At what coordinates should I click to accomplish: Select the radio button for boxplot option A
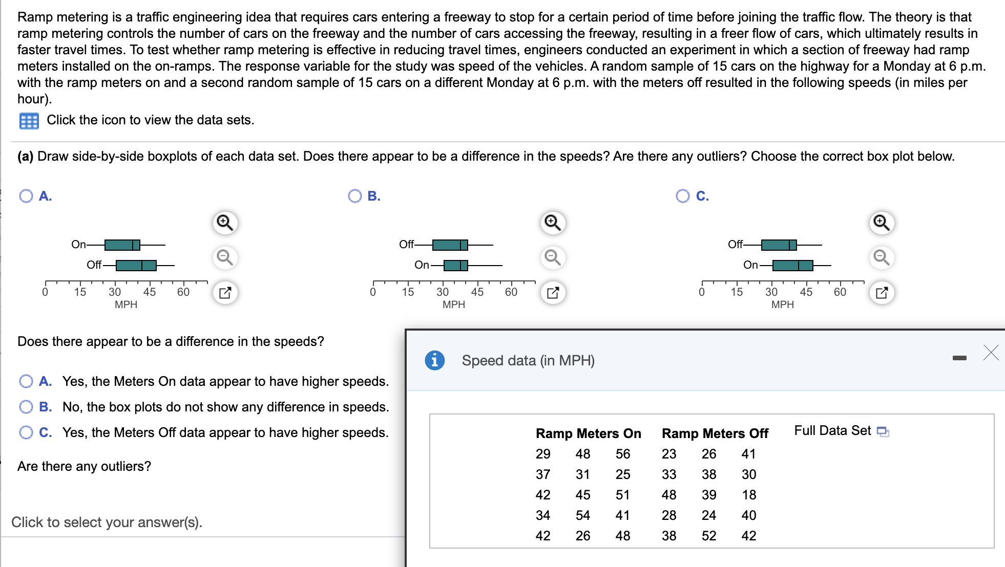coord(26,196)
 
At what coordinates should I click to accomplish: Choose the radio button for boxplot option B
coord(355,196)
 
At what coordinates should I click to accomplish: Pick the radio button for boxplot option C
coord(683,196)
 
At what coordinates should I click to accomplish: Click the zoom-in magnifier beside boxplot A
coord(225,223)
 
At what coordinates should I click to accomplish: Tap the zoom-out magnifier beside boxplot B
coord(553,257)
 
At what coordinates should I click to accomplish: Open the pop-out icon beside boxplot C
coord(882,293)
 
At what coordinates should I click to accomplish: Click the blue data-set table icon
coord(29,121)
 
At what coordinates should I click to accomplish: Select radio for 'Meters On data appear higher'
coord(26,381)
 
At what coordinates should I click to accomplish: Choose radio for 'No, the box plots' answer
coord(26,407)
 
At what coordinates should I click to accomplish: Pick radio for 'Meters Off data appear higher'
coord(26,432)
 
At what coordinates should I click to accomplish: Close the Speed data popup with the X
coord(991,353)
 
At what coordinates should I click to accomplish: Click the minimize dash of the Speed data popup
coord(959,358)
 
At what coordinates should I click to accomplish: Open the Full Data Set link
coord(841,431)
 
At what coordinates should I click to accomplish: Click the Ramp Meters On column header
coord(589,433)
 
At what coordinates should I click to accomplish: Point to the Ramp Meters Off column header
coord(715,433)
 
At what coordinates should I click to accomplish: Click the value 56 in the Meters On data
coord(623,454)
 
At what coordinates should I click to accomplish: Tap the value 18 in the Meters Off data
coord(749,495)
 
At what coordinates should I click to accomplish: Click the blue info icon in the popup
coord(435,360)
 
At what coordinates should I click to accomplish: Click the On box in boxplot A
coord(122,245)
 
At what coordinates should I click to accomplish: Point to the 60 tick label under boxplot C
coord(840,292)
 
